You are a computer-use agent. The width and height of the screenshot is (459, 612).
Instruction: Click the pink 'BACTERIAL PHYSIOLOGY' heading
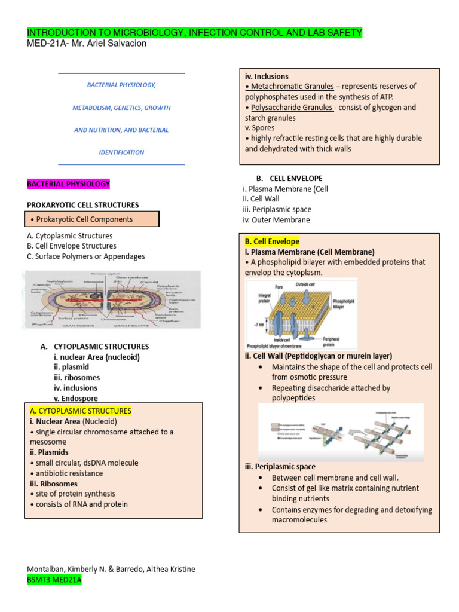(68, 184)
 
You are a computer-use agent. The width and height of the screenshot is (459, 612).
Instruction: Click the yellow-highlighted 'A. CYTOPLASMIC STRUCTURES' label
(80, 411)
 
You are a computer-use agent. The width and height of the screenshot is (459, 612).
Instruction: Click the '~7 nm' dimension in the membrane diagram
(256, 325)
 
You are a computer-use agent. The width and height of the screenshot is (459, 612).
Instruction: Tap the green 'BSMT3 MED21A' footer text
(54, 580)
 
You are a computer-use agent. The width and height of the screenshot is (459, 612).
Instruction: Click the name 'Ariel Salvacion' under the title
(120, 43)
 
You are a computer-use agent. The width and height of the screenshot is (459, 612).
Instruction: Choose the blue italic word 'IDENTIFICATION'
(121, 152)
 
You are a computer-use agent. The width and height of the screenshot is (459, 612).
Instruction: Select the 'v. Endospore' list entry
(75, 399)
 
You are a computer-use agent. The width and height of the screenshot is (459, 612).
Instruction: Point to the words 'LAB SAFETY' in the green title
(335, 32)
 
